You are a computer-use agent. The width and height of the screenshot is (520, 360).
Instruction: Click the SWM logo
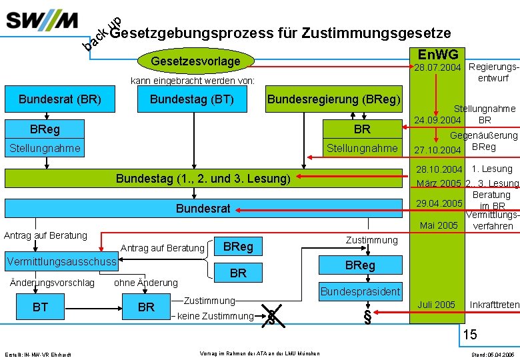coord(42,20)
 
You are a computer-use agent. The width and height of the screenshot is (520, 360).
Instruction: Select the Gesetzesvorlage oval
coord(195,62)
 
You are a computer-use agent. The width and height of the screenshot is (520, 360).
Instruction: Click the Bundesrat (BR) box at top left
coord(60,100)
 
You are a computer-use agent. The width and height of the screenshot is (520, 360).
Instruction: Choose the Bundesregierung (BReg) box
coord(334,100)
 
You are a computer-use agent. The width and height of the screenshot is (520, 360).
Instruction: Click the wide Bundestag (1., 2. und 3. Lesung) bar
coord(203,179)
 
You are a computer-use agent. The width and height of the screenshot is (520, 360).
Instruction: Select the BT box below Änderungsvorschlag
coord(40,307)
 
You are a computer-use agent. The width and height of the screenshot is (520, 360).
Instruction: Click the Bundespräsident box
coord(360,291)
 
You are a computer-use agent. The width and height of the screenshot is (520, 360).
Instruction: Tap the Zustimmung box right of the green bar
coord(371,240)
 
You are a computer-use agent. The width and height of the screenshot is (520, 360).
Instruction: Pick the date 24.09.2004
coord(437,120)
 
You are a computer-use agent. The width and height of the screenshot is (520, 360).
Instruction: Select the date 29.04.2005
coord(439,203)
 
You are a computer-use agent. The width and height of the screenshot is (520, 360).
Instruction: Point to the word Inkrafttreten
coord(494,305)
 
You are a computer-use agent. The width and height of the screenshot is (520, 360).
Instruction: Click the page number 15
coord(470,333)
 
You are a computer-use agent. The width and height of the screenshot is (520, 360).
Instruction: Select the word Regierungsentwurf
coord(493,72)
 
